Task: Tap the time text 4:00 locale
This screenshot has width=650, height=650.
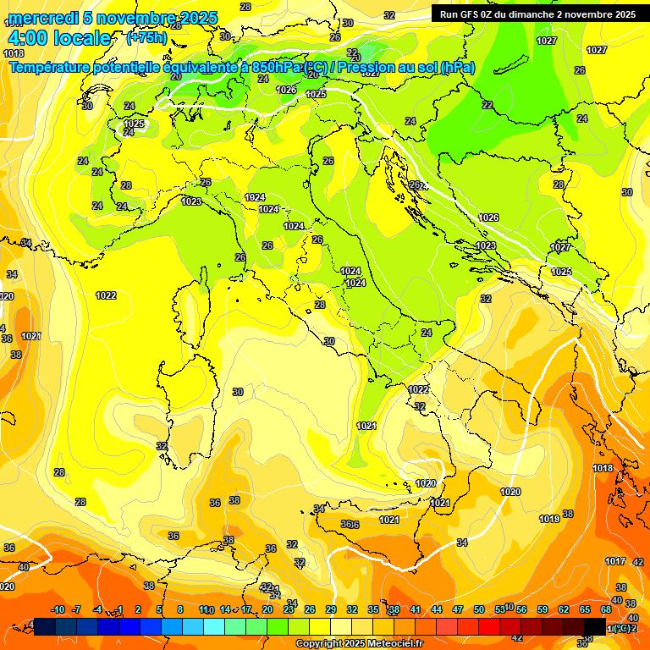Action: click(59, 38)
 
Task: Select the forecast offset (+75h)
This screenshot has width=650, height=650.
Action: click(146, 38)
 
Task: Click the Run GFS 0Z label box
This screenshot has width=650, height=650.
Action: click(535, 14)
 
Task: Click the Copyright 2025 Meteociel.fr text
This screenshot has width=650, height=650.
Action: click(358, 644)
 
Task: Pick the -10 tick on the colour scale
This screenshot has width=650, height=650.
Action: click(58, 609)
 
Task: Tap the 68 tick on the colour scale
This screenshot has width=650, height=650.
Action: click(606, 609)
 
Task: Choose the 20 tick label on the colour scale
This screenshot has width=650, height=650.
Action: click(267, 609)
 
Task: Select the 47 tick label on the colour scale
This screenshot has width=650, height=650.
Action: click(458, 609)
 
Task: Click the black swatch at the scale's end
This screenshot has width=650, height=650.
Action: click(595, 625)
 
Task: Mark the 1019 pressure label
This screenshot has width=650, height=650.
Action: click(549, 519)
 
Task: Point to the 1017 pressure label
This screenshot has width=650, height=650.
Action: click(615, 561)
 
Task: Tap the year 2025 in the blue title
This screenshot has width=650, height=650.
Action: click(197, 19)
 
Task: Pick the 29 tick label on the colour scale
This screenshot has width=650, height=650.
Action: click(331, 609)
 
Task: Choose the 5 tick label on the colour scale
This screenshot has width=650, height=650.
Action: click(159, 609)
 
